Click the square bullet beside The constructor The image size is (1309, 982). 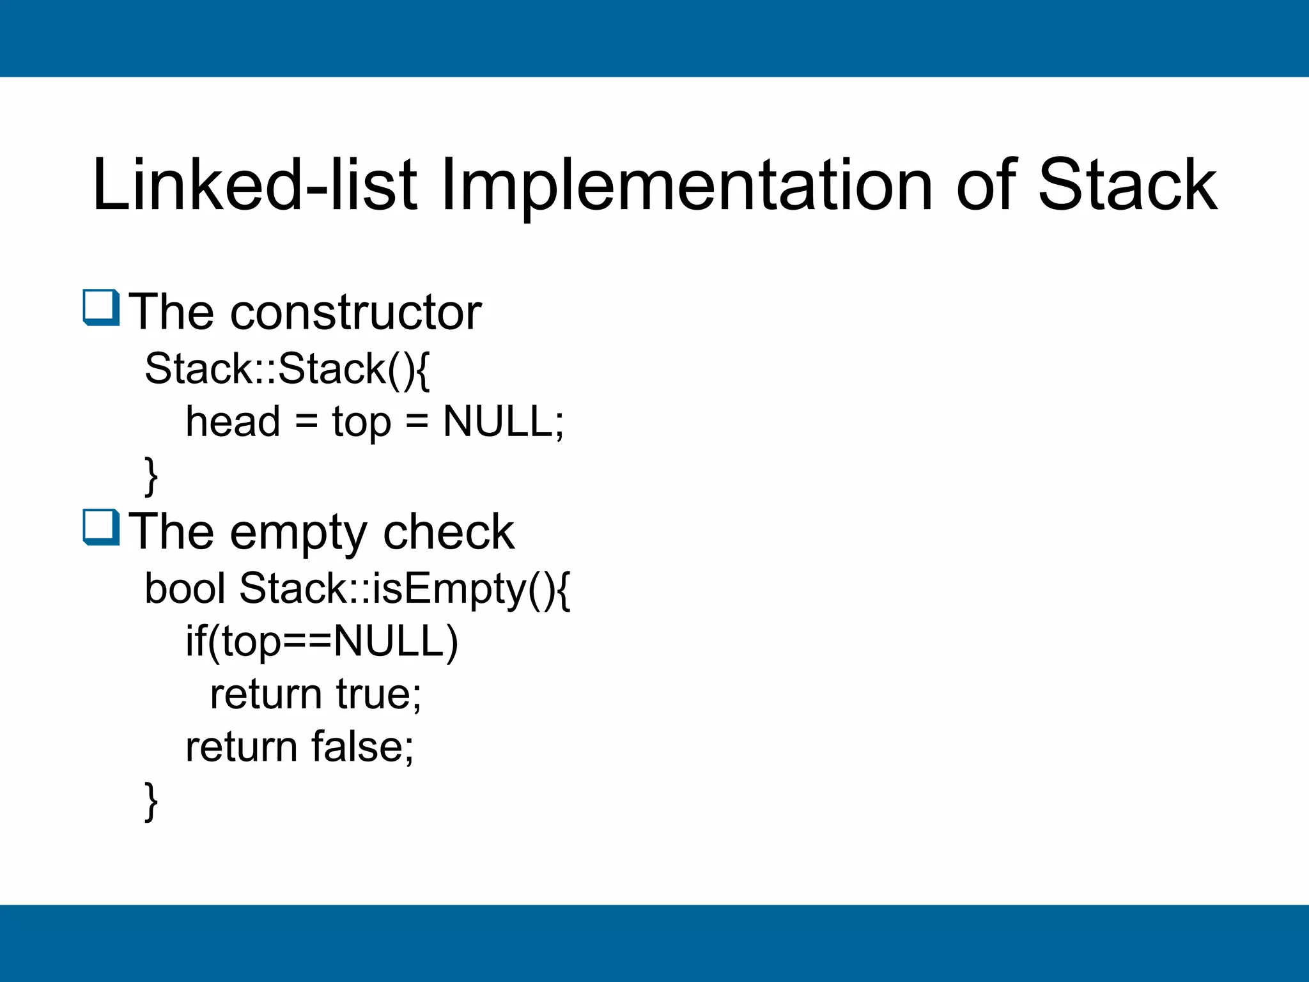tap(101, 308)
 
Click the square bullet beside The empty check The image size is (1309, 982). tap(101, 527)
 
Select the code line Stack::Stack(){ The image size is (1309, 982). tap(287, 369)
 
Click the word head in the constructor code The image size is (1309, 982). tap(233, 422)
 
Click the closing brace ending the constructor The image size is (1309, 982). tap(151, 476)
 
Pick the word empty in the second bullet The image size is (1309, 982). tap(298, 533)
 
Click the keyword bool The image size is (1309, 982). tap(185, 588)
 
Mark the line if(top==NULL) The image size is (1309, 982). tap(321, 641)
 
